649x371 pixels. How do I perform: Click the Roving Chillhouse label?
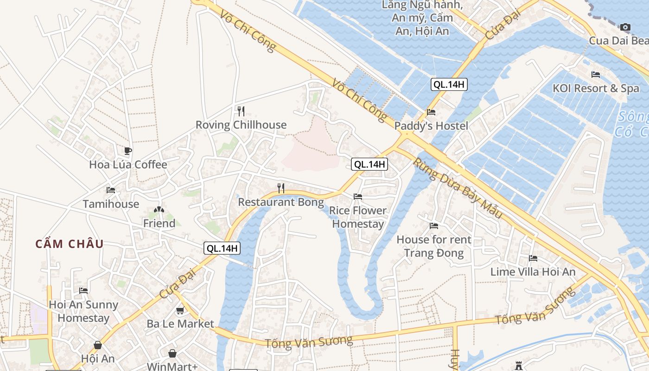tap(241, 125)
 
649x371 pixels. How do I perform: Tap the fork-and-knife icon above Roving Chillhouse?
tap(241, 111)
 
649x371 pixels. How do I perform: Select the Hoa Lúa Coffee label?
tap(128, 165)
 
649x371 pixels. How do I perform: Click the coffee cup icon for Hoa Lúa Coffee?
tap(128, 151)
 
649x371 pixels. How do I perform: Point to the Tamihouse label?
tap(111, 204)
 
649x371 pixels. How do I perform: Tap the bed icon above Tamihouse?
tap(111, 190)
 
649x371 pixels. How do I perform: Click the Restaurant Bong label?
tap(280, 202)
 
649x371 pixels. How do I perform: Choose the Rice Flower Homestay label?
tap(357, 217)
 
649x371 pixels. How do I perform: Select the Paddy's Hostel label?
tap(431, 126)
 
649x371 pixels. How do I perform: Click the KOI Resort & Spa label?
tap(596, 89)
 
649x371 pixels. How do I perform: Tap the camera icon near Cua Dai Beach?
tap(625, 27)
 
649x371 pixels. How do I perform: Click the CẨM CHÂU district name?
tap(70, 244)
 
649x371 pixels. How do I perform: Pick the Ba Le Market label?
tap(180, 324)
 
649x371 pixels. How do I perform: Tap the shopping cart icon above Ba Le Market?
tap(180, 310)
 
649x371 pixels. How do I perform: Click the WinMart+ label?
tap(172, 366)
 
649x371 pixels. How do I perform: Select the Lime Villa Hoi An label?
tap(533, 272)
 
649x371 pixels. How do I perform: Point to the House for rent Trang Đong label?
tap(434, 246)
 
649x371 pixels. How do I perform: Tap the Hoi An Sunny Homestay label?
tap(83, 311)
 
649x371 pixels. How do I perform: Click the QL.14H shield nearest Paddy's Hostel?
tap(449, 84)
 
